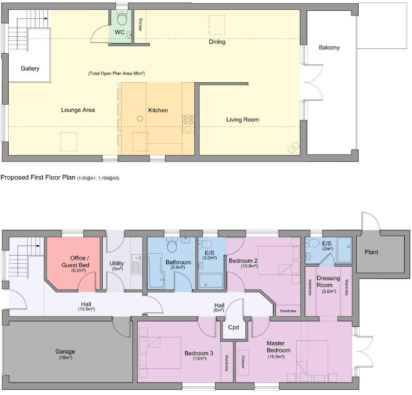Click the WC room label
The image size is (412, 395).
[119, 32]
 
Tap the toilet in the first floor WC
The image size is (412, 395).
[122, 19]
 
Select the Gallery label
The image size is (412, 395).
[30, 69]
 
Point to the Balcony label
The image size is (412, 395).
[329, 47]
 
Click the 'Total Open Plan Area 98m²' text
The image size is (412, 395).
[117, 74]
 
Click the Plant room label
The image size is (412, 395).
[372, 252]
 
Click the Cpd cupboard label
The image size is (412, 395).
[233, 327]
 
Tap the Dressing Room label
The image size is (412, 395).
[328, 281]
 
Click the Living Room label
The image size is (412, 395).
[243, 120]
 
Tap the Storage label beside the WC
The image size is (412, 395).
[140, 25]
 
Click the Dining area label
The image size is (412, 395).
[217, 42]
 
